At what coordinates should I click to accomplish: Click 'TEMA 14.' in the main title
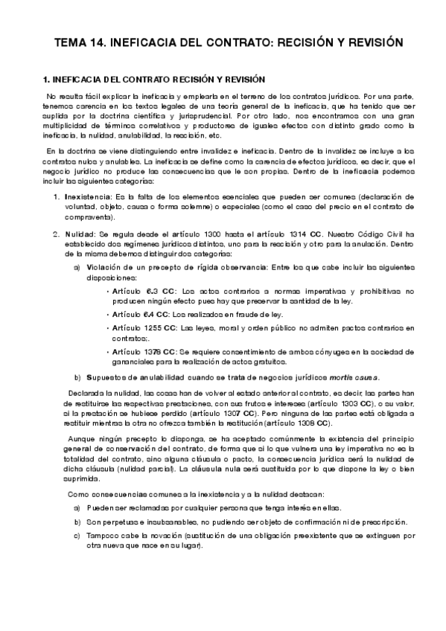[x=79, y=42]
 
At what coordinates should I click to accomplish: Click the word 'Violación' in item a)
[x=106, y=266]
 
